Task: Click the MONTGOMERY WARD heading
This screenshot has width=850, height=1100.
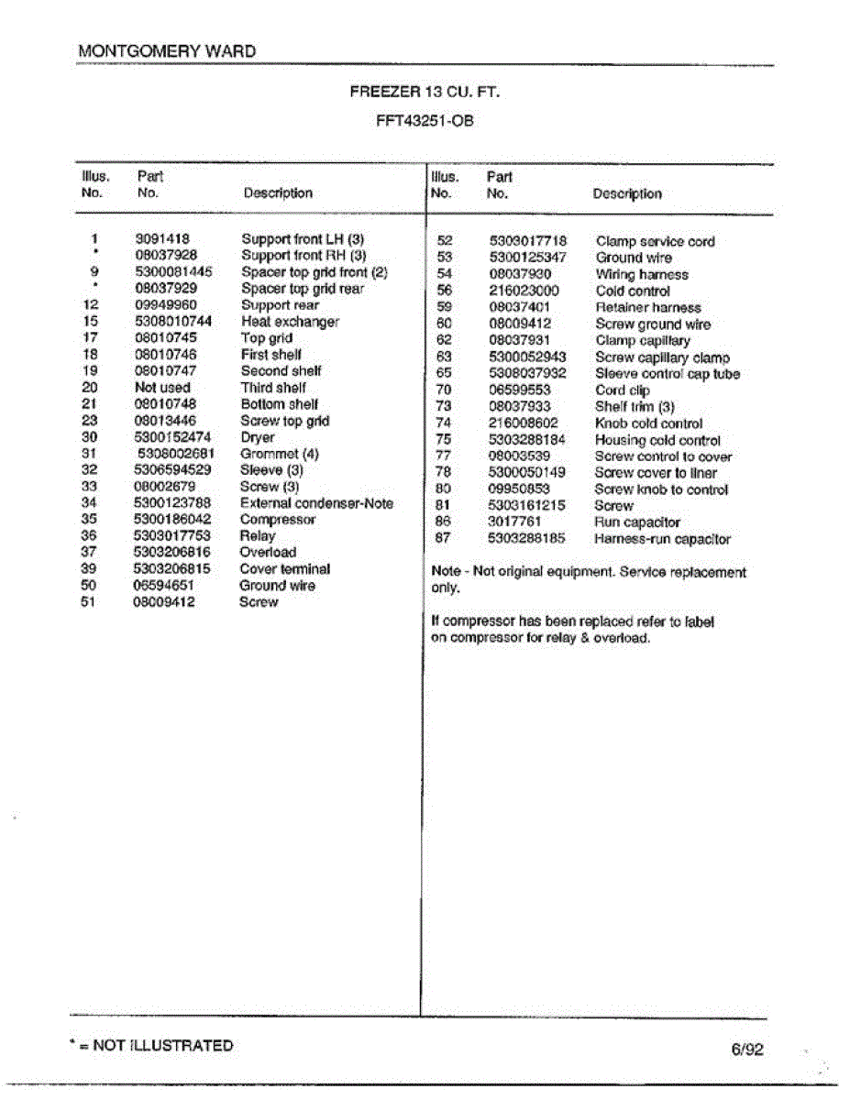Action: [167, 51]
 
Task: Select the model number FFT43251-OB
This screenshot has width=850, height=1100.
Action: [425, 120]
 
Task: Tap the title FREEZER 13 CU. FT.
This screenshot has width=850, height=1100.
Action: [425, 92]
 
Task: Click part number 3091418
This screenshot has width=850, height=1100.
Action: [162, 238]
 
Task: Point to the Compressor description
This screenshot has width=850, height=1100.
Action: [278, 520]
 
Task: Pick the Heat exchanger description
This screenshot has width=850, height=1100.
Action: [290, 322]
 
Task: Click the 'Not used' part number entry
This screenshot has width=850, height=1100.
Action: [162, 388]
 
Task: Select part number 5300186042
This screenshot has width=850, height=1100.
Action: [172, 520]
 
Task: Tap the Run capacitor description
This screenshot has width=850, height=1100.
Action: [637, 522]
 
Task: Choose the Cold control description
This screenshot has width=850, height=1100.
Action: [633, 291]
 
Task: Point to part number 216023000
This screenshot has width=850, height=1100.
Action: [524, 291]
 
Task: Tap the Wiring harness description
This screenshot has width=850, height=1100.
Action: [642, 275]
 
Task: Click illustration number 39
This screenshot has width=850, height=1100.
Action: [89, 569]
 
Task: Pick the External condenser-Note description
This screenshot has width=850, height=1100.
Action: [316, 503]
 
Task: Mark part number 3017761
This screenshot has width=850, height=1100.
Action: [514, 522]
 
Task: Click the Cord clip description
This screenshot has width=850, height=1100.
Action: [623, 390]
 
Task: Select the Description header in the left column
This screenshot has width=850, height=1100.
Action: [278, 193]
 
